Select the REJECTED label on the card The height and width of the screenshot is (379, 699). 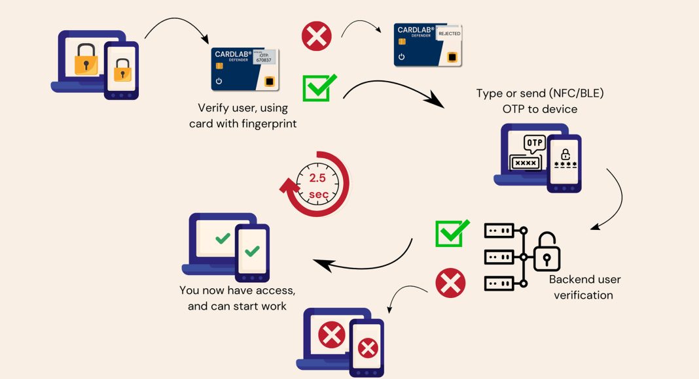[449, 33]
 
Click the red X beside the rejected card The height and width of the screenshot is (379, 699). [317, 36]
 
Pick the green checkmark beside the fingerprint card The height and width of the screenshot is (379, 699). [319, 88]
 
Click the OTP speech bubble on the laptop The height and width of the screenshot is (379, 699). [535, 143]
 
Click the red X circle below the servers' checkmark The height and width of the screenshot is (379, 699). [450, 284]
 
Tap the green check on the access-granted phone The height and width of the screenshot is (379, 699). [252, 250]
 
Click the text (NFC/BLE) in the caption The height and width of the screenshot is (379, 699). [568, 93]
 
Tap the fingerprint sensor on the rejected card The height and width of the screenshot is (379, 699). [452, 57]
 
